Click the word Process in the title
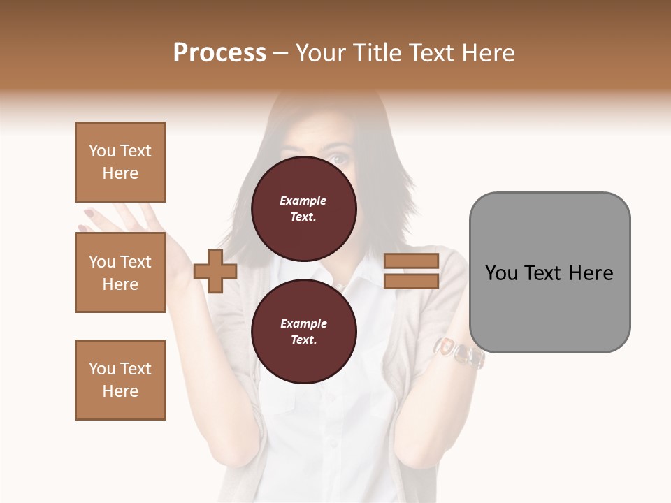coord(219,53)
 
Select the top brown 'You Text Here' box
coord(120,162)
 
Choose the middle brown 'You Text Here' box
coord(120,272)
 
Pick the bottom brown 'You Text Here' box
coord(120,379)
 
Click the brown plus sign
coord(215,271)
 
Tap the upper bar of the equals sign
coord(411,261)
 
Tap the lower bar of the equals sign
coord(411,281)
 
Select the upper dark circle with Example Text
coord(303,209)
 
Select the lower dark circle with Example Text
coord(303,332)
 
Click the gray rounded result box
coord(549,272)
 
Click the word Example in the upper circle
coord(303,201)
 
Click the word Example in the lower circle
coord(303,324)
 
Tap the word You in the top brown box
coord(101,151)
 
